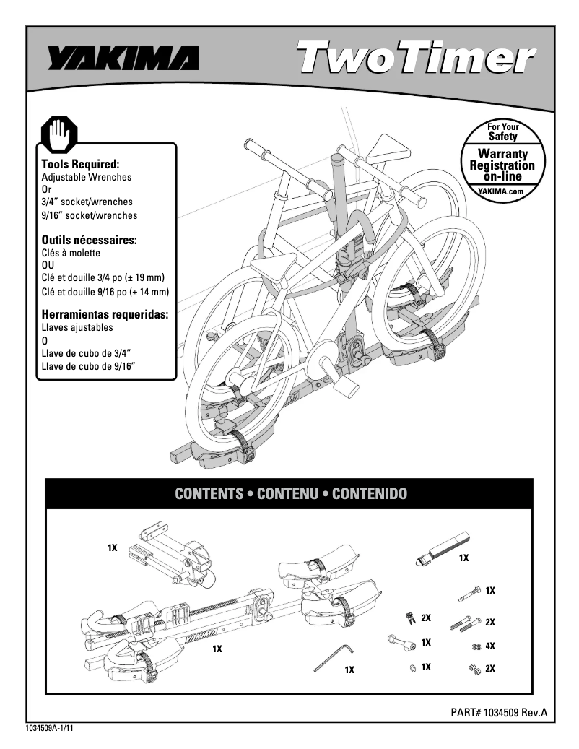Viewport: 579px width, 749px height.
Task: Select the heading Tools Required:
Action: (80, 165)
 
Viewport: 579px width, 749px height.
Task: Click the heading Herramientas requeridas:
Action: (105, 314)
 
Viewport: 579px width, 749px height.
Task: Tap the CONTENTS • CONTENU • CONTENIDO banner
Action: (290, 494)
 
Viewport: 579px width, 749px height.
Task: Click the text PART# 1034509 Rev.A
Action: (499, 712)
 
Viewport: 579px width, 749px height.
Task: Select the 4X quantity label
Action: (490, 646)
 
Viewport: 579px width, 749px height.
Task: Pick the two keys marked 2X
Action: (409, 618)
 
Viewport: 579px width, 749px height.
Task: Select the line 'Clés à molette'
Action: (71, 253)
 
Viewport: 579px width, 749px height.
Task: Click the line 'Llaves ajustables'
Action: (77, 327)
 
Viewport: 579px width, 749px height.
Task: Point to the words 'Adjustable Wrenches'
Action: (87, 177)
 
